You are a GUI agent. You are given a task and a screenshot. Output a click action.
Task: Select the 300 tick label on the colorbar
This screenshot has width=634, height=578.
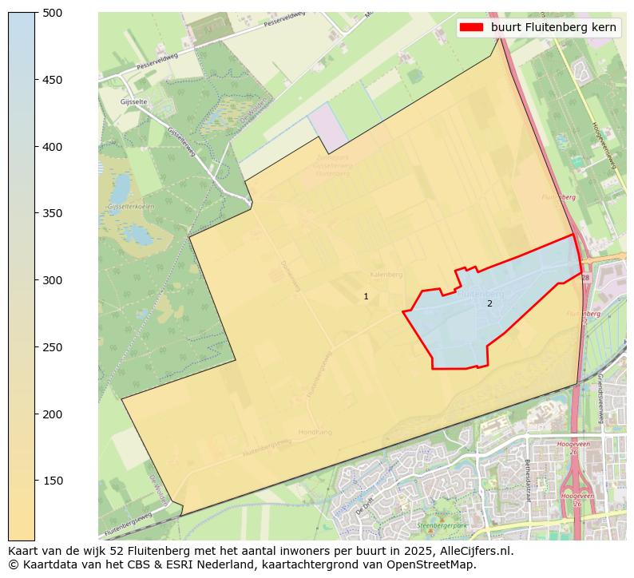(x=53, y=280)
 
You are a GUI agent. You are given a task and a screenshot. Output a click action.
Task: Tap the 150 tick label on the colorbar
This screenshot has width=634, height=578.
(x=53, y=481)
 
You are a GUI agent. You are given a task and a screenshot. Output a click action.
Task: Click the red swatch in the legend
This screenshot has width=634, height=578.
(x=472, y=27)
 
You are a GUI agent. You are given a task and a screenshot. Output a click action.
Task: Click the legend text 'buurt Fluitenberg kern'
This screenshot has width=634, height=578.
(x=553, y=27)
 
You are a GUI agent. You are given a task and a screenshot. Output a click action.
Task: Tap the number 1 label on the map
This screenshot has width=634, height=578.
(x=366, y=297)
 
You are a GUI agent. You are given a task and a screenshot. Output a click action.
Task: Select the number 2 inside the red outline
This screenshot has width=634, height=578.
(x=489, y=303)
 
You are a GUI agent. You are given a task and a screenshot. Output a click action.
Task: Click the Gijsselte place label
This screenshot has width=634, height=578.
(x=134, y=102)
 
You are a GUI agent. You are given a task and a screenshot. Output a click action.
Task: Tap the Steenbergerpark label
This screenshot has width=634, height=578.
(x=442, y=525)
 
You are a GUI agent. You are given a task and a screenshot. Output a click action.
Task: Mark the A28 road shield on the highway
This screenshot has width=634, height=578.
(x=584, y=278)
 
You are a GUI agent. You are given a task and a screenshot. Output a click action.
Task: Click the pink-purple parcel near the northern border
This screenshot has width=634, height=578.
(x=329, y=127)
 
